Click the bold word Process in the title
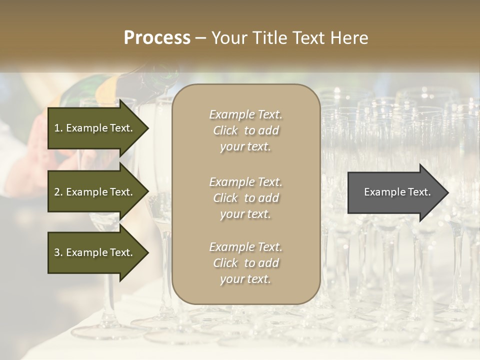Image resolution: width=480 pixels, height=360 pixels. pyautogui.click(x=157, y=38)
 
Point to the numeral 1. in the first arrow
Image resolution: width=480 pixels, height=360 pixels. pyautogui.click(x=58, y=128)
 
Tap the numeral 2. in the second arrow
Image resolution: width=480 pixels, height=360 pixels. pyautogui.click(x=58, y=192)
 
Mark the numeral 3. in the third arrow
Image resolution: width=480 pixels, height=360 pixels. pyautogui.click(x=58, y=252)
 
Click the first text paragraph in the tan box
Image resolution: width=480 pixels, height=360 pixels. pyautogui.click(x=246, y=130)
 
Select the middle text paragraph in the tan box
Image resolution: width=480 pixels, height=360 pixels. pyautogui.click(x=246, y=198)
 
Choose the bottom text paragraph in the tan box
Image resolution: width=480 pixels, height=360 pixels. pyautogui.click(x=246, y=263)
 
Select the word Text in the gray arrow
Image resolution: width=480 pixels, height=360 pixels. pyautogui.click(x=419, y=192)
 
